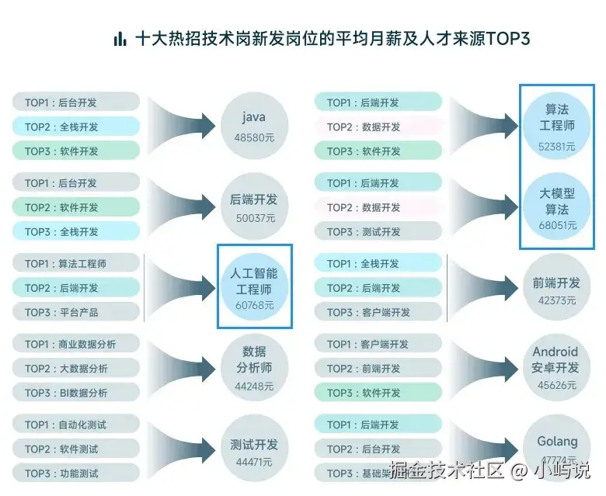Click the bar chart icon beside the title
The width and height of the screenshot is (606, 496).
tap(120, 39)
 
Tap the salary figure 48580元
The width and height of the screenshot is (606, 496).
tap(254, 137)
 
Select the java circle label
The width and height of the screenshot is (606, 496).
tap(254, 117)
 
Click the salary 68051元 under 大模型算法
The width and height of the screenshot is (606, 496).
tap(557, 226)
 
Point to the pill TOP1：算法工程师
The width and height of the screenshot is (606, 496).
tap(76, 263)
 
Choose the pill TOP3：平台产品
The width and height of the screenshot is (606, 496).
tap(76, 312)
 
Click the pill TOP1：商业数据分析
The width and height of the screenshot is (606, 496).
tap(76, 344)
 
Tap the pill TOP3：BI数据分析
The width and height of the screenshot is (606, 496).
tap(76, 393)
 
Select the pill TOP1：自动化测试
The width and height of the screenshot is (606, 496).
tap(76, 425)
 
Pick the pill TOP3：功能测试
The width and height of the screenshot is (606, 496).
tap(76, 473)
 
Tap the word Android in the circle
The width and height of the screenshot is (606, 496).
tap(555, 352)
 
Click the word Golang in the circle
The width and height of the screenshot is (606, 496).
tap(557, 442)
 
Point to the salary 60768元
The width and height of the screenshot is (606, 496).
tap(254, 306)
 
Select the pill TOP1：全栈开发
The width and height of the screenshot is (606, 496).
tap(378, 263)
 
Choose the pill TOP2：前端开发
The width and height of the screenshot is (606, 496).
tap(378, 368)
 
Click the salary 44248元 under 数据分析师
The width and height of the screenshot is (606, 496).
tap(254, 386)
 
